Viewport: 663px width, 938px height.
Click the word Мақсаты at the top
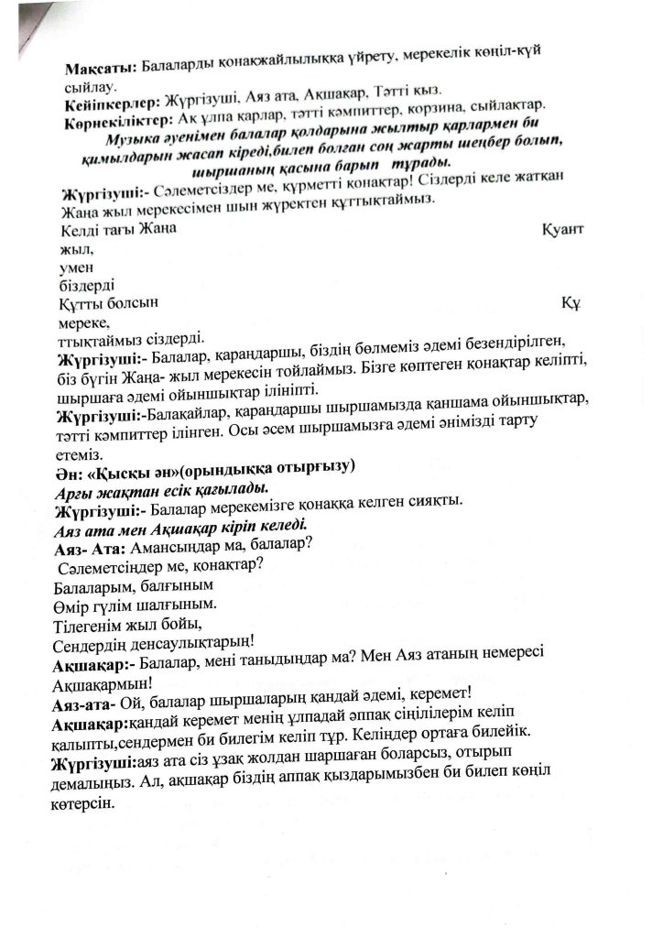tap(97, 69)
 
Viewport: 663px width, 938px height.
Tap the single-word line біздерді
tap(84, 286)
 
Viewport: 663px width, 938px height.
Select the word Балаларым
tap(96, 586)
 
